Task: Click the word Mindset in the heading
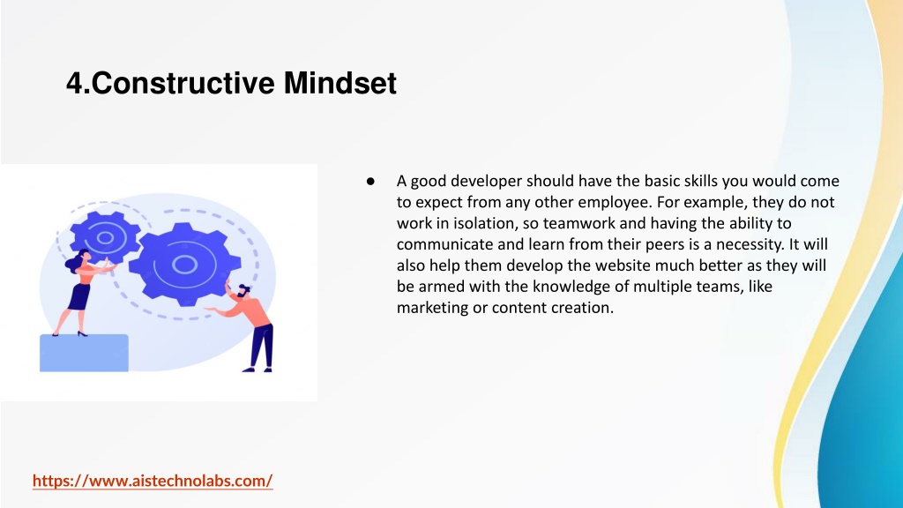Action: (340, 83)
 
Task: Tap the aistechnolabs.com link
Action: (153, 481)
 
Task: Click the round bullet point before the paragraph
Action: (370, 182)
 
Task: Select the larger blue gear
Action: (184, 265)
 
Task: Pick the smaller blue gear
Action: (105, 236)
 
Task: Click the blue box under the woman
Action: (84, 353)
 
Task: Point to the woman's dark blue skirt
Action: (79, 296)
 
